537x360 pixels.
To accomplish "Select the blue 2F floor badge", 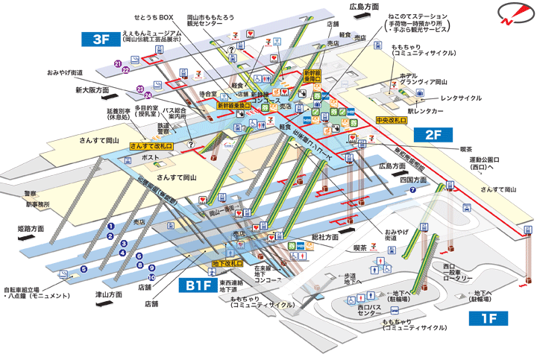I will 434,135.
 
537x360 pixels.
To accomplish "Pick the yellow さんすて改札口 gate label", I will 151,147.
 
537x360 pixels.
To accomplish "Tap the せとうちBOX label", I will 154,16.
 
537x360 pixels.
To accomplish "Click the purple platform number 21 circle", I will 118,63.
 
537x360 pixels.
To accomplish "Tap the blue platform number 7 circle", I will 412,190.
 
